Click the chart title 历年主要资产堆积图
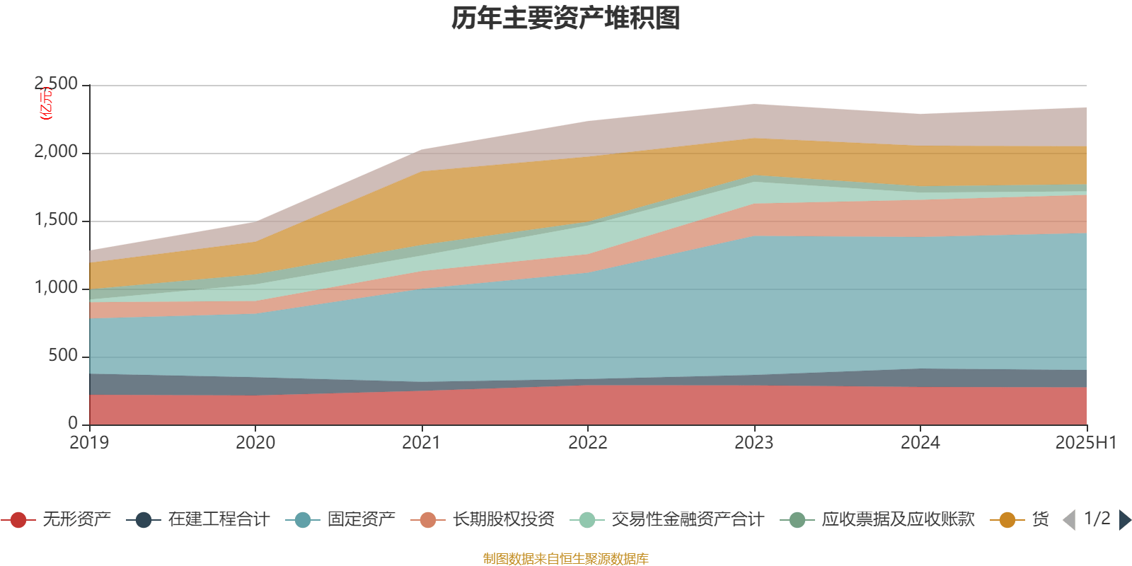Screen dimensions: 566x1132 [566, 19]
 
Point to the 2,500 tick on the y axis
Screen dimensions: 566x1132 [57, 84]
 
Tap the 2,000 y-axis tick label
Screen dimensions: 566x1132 [57, 152]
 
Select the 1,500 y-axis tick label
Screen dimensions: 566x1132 [57, 220]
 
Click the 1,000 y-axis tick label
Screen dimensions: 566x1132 [57, 288]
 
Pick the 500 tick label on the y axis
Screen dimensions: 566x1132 [64, 356]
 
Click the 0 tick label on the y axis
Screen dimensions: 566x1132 [73, 423]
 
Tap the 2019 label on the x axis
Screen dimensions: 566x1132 [89, 443]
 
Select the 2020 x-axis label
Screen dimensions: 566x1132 [255, 443]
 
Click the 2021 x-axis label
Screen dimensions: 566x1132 [422, 443]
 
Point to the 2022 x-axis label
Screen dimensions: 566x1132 [588, 443]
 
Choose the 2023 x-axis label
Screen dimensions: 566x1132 [754, 443]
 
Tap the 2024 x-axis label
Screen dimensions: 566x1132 [920, 443]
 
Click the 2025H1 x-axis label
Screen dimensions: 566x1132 [1085, 443]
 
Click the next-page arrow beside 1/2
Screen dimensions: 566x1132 [1124, 520]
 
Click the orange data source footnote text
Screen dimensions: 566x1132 [566, 559]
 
